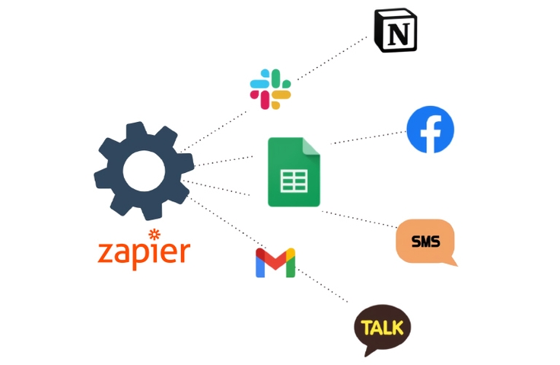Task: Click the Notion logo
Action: coord(396,30)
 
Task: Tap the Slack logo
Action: coord(271,88)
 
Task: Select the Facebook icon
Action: coord(431,130)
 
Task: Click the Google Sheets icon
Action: coord(294,172)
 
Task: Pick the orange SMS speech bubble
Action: coord(425,242)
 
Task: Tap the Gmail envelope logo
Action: coord(275,263)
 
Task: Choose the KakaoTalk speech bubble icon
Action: coord(382,329)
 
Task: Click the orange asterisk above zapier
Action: coord(154,234)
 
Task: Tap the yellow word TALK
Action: coord(382,328)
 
